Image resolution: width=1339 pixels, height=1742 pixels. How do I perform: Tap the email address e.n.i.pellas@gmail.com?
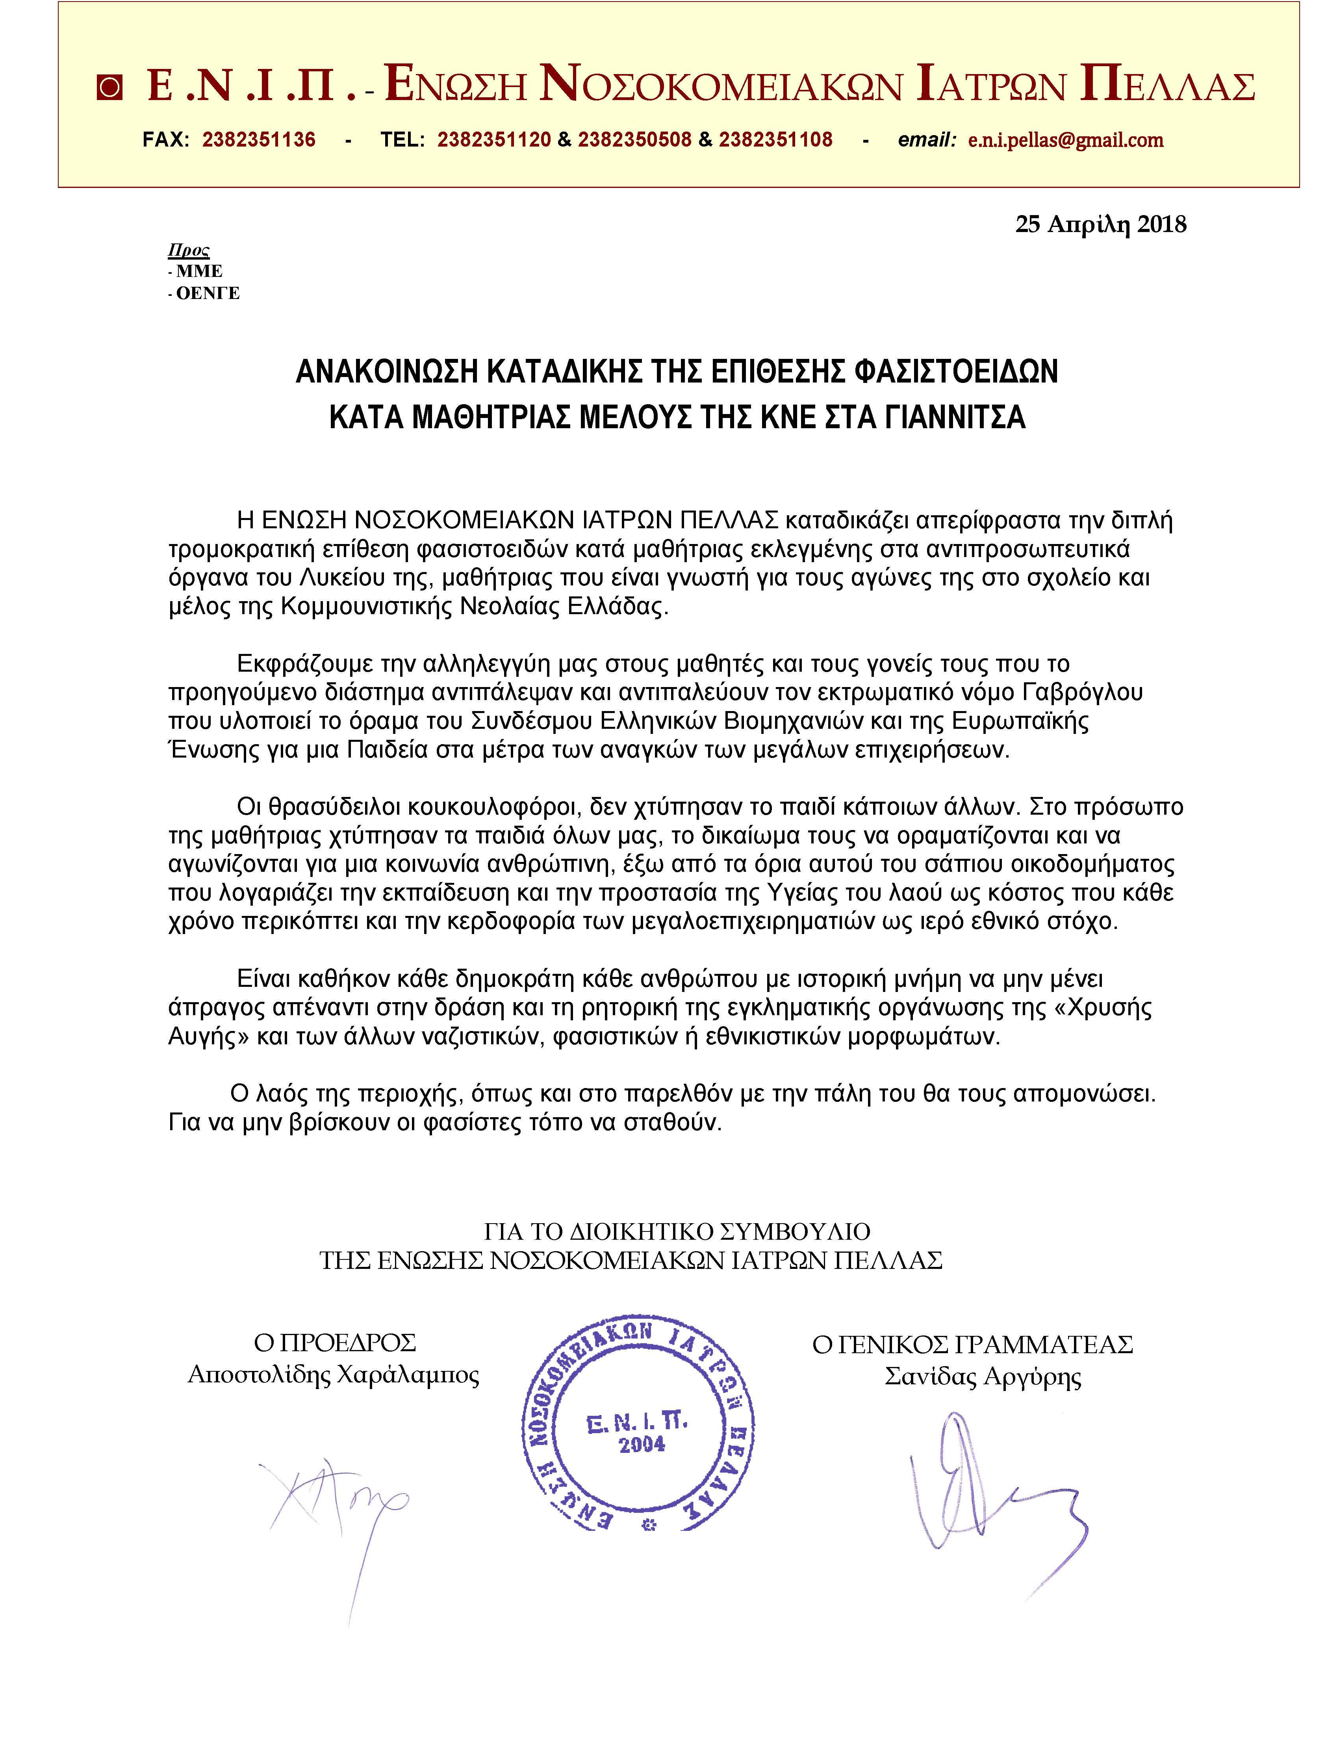pyautogui.click(x=1066, y=140)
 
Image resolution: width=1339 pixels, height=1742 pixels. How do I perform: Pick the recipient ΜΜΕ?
pyautogui.click(x=199, y=272)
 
